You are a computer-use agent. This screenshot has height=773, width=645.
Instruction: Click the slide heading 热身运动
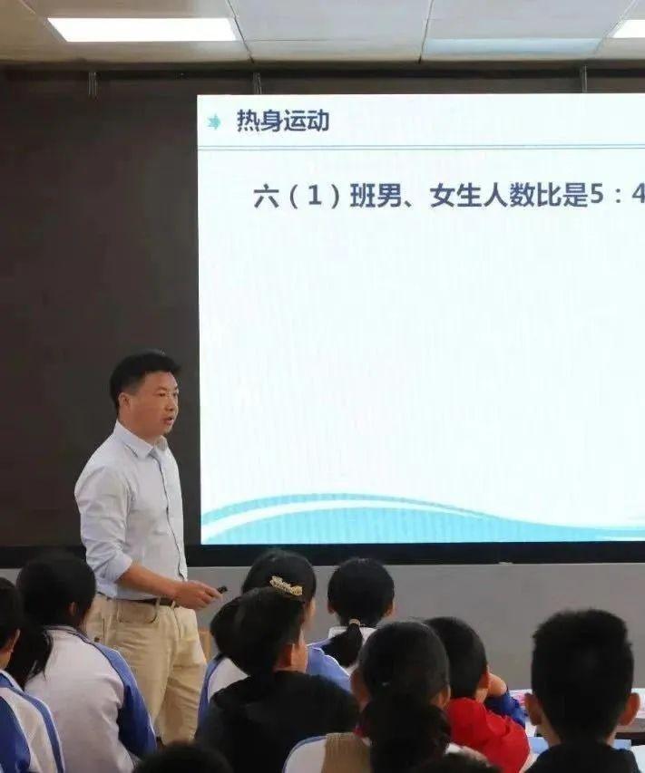[283, 121]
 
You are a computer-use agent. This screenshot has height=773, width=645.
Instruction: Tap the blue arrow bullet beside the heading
[214, 121]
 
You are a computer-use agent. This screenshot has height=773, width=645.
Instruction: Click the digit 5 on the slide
[597, 196]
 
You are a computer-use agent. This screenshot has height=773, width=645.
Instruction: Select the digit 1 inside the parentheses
[314, 197]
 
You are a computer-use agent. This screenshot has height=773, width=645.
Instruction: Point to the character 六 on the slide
[266, 197]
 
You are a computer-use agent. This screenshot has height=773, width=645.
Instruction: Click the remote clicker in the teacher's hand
[221, 590]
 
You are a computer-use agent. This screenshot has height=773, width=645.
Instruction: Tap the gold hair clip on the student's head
[287, 586]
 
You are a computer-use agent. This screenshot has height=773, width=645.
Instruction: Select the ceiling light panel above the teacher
[143, 29]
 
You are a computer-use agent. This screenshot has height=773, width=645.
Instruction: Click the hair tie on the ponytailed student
[353, 624]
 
